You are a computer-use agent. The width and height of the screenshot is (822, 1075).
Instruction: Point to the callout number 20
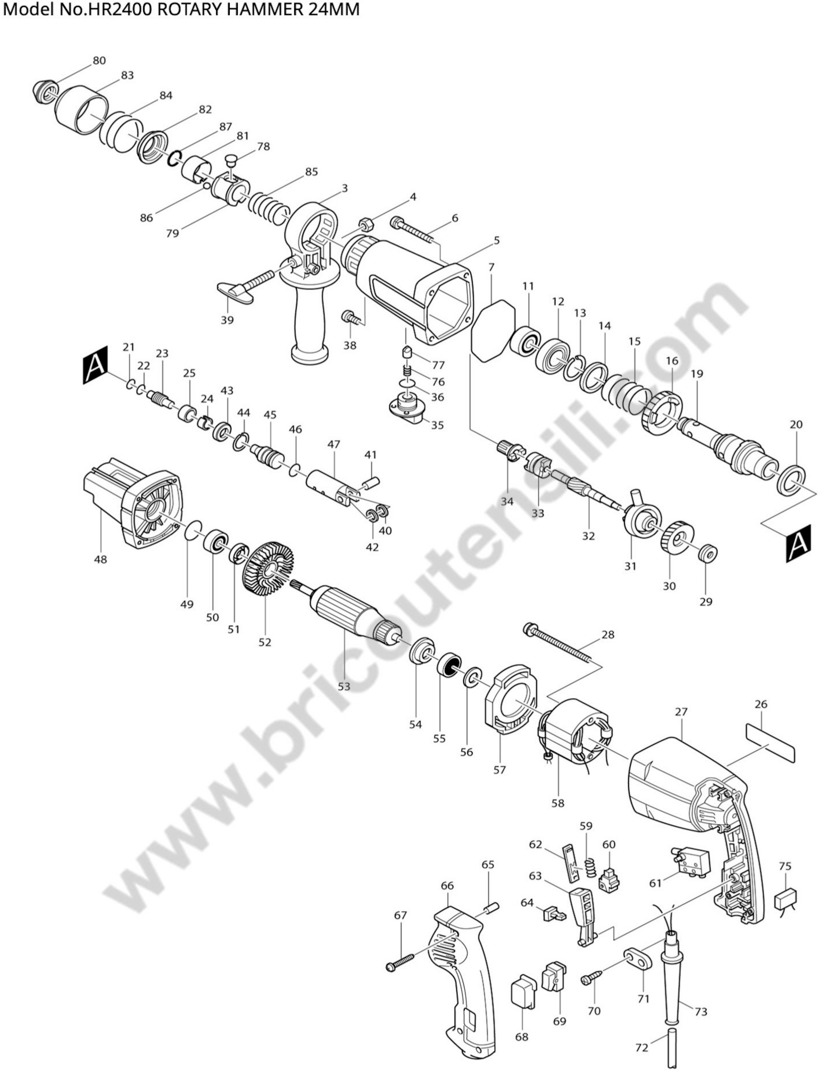tap(796, 424)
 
